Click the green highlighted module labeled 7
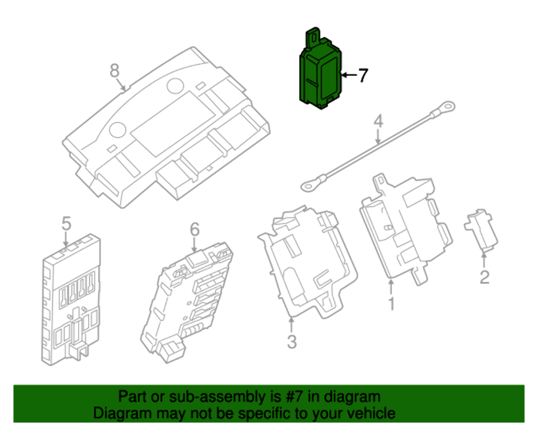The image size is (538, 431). point(320,78)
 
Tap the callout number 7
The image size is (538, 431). point(363,75)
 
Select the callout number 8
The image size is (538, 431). point(114,70)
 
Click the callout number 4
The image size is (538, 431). point(379,121)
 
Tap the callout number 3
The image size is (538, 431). point(291,341)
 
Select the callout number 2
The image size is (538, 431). point(484,277)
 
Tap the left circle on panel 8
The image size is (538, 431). point(117,129)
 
